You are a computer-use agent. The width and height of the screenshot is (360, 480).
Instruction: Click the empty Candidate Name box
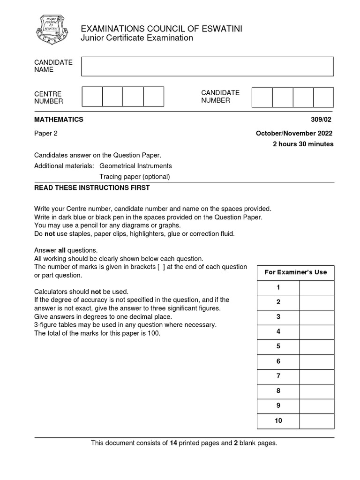207,67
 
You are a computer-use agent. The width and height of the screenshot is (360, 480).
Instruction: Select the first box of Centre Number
92,97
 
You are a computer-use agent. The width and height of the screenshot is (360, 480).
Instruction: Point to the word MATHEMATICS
59,120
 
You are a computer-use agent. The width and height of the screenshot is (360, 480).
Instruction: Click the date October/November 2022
294,133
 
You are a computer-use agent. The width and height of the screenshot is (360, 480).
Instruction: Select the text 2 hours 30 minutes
303,144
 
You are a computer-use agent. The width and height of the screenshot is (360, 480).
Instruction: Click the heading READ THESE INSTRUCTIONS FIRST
92,188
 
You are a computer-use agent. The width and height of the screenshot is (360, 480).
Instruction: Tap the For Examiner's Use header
295,272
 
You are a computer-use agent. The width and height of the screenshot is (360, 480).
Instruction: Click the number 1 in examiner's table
278,287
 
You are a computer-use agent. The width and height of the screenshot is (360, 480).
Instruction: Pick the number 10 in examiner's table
278,421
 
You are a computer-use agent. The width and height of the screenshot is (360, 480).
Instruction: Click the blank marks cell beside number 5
317,346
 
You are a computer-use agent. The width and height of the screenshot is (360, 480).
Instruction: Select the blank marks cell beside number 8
317,391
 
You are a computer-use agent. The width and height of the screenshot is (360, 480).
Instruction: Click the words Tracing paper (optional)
135,177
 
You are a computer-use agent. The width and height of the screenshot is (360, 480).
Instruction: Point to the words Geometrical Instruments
135,166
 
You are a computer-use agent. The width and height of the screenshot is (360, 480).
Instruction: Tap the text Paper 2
46,133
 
